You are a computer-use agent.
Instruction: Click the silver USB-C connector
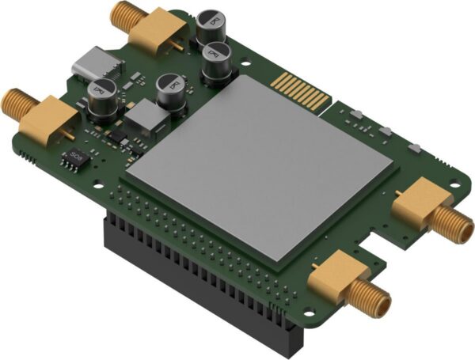click(x=93, y=63)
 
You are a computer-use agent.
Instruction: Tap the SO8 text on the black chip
click(x=76, y=155)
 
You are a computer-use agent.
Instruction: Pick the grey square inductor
click(x=142, y=119)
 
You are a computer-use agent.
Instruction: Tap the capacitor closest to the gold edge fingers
click(x=217, y=63)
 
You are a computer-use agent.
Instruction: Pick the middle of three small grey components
click(x=382, y=131)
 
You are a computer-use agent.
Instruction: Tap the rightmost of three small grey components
click(x=412, y=147)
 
